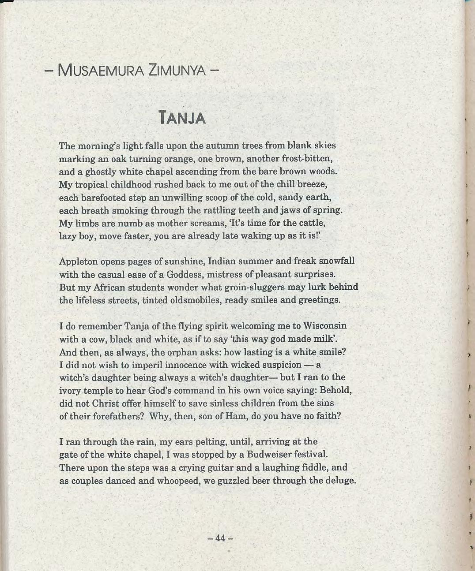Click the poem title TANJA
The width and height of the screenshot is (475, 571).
pos(182,118)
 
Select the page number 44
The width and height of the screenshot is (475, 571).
pos(220,538)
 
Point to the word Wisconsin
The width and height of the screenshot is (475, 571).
pos(324,326)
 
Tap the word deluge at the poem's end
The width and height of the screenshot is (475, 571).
pos(340,481)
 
